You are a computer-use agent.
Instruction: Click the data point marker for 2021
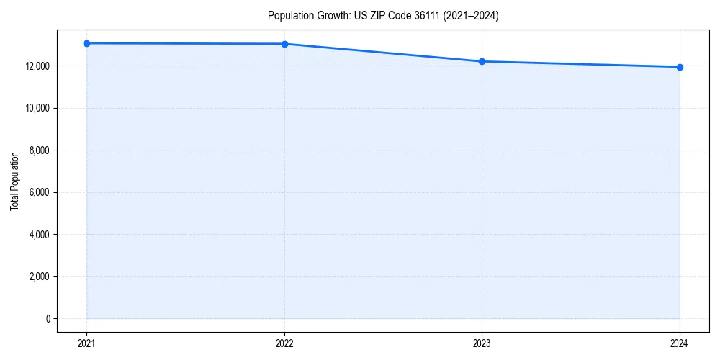(x=86, y=43)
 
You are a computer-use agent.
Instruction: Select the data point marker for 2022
(x=284, y=44)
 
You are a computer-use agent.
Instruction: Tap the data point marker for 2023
(x=482, y=61)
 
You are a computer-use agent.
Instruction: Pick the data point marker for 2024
(x=680, y=67)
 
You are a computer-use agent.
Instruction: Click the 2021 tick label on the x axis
(x=86, y=343)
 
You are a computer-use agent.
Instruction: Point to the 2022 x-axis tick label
(x=284, y=343)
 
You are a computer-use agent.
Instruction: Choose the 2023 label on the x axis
(x=482, y=343)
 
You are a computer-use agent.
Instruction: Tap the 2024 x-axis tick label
(x=680, y=343)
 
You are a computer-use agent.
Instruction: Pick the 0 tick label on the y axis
(x=48, y=319)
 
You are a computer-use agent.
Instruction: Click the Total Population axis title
(x=14, y=181)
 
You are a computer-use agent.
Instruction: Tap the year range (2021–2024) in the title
(x=472, y=16)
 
